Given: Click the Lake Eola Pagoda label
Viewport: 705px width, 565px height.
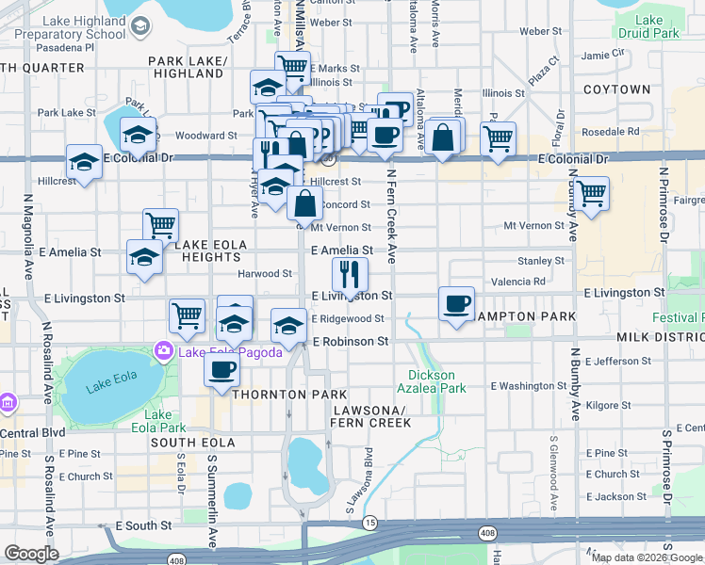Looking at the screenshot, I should [x=218, y=353].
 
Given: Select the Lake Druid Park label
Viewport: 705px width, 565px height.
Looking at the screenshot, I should [x=657, y=26].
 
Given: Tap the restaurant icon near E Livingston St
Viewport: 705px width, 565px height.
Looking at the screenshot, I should [x=350, y=275].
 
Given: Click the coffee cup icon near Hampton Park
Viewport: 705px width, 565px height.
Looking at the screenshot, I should [x=457, y=304].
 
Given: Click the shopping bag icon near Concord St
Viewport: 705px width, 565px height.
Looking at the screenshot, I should [x=306, y=202].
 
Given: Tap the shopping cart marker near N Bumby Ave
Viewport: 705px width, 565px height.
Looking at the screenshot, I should [x=591, y=194].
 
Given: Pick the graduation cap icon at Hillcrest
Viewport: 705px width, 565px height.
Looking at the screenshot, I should [x=85, y=162].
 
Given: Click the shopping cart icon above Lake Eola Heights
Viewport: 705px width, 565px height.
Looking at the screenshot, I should [x=161, y=226].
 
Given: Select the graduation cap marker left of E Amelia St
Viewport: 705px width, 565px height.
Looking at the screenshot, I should [x=144, y=258].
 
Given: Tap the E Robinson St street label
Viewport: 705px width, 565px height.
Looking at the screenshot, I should [x=351, y=341].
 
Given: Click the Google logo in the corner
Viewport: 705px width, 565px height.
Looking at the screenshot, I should [x=32, y=554].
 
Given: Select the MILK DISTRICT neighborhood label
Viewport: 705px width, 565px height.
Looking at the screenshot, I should [x=660, y=337].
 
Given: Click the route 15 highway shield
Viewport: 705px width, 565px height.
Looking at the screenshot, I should [x=370, y=522].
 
